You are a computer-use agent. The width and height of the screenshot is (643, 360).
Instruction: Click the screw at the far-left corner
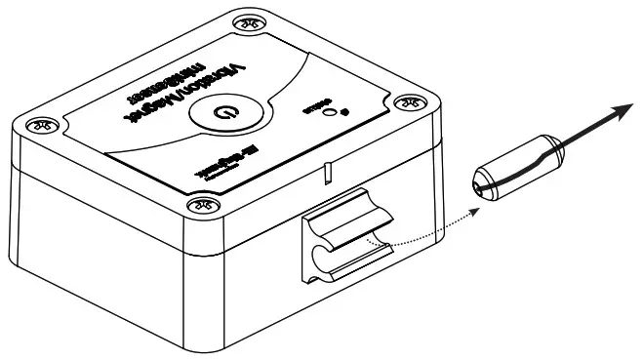click(x=39, y=124)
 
